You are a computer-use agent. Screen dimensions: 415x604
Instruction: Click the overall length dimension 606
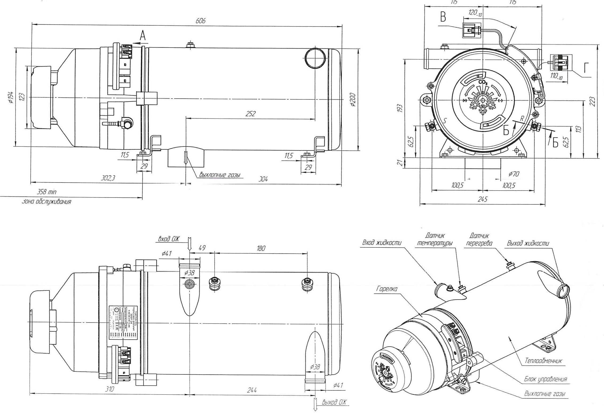click(200, 21)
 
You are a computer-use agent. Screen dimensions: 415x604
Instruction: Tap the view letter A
click(143, 36)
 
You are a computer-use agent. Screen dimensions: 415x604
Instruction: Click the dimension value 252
click(250, 114)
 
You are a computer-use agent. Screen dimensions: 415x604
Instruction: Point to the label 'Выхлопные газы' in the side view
click(219, 175)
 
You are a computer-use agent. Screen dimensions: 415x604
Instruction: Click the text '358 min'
click(46, 192)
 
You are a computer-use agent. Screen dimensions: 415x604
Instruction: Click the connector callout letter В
click(443, 17)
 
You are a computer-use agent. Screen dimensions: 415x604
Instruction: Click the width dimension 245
click(483, 199)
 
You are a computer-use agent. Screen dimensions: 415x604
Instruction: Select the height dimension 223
click(593, 102)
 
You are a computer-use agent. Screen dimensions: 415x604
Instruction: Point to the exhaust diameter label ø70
click(514, 174)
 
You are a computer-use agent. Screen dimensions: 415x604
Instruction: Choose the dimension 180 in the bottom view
click(261, 248)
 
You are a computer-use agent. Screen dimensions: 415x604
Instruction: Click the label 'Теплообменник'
click(543, 361)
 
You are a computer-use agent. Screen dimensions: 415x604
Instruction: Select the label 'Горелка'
click(387, 289)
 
